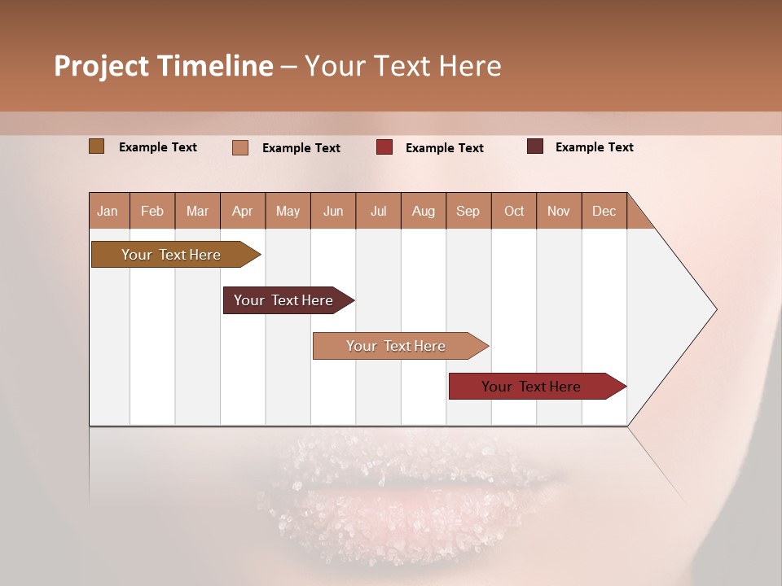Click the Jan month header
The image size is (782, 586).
[x=108, y=211]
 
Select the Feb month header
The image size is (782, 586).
[x=152, y=211]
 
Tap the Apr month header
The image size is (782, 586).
[x=242, y=211]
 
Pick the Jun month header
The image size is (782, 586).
[x=333, y=211]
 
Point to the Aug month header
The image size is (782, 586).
[x=423, y=211]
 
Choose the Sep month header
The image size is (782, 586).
[x=468, y=211]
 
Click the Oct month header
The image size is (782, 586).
[x=514, y=211]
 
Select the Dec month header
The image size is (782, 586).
[x=604, y=211]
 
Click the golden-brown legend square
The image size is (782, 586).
[x=97, y=146]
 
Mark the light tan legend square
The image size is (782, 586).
[x=240, y=147]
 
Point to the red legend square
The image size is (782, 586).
[x=384, y=147]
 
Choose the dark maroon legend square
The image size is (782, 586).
[x=534, y=146]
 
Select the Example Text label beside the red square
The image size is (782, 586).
[x=444, y=148]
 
